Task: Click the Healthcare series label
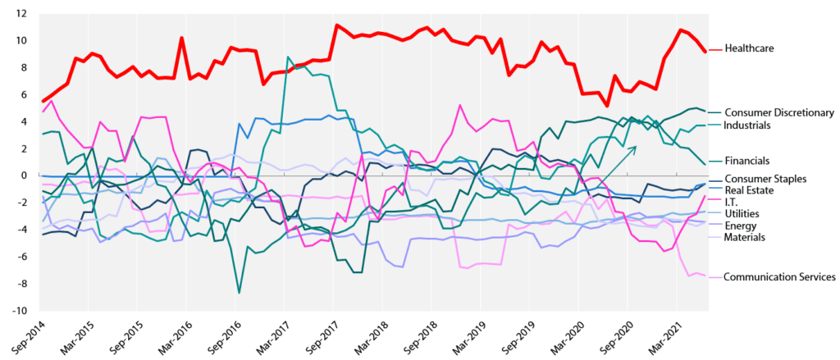coord(749,48)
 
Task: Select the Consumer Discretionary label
coord(779,112)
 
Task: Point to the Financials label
coord(747,161)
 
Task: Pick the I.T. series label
coord(733,202)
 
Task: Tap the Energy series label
coord(740,226)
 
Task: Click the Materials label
coord(743,237)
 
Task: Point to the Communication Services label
coord(779,277)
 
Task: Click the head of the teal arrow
coord(636,146)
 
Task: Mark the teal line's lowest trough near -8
coord(239,293)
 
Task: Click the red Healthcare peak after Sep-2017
coord(336,25)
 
